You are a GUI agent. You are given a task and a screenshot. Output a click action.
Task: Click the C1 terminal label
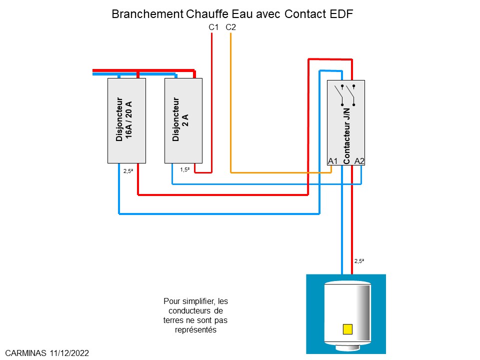click(x=213, y=27)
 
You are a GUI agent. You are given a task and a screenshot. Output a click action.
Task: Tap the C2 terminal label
click(x=230, y=27)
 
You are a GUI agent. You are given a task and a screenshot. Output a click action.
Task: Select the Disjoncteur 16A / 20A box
click(x=126, y=120)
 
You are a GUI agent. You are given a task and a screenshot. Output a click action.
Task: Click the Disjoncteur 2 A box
click(x=183, y=120)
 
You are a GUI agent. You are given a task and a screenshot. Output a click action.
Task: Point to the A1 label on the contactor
click(x=333, y=160)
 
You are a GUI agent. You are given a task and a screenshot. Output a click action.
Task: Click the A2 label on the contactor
click(x=359, y=160)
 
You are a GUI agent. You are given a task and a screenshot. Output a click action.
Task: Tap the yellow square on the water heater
click(x=347, y=329)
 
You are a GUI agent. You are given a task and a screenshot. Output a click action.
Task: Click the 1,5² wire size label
click(x=184, y=170)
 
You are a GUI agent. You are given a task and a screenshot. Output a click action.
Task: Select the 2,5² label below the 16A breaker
click(x=128, y=171)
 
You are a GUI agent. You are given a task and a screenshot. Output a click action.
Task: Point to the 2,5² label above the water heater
click(x=359, y=261)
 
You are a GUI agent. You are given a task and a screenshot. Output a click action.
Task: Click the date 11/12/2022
click(x=69, y=353)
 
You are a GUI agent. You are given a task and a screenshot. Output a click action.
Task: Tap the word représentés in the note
click(x=195, y=330)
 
